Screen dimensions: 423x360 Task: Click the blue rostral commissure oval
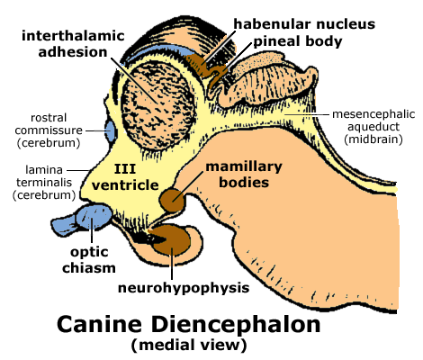[111, 131]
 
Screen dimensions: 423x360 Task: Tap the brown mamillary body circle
[172, 200]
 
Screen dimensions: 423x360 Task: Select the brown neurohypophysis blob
[171, 241]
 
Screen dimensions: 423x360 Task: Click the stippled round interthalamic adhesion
[158, 105]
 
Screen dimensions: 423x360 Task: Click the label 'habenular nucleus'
[304, 23]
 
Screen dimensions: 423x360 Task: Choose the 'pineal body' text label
[298, 41]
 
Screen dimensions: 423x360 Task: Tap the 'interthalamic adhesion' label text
[73, 44]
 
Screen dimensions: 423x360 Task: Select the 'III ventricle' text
[125, 177]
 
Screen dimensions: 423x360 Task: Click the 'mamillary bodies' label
[244, 175]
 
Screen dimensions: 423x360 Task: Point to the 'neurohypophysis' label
[184, 288]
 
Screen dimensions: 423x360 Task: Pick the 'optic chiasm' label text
[89, 260]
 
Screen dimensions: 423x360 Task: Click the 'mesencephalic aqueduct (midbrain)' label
[373, 127]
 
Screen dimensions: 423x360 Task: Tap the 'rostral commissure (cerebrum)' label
[49, 130]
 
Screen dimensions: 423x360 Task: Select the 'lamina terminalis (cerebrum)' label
[44, 182]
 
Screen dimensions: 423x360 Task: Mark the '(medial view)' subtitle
[189, 345]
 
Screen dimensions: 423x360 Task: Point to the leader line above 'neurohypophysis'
[172, 264]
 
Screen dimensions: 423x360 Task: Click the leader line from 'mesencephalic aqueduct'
[307, 114]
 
